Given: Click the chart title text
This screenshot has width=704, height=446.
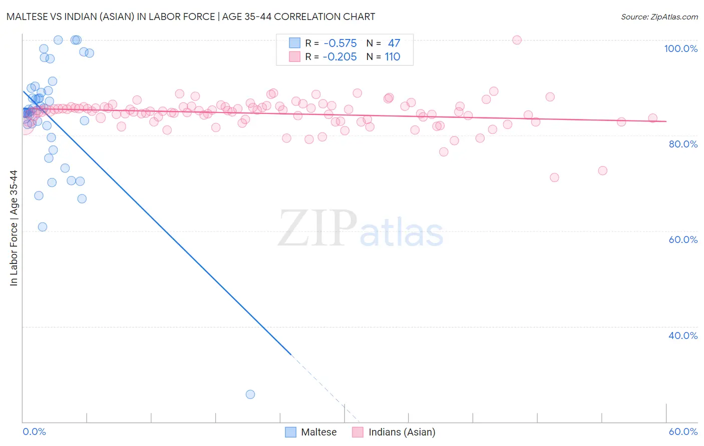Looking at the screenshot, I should pyautogui.click(x=191, y=16).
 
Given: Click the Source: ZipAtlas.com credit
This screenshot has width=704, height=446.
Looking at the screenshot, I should pyautogui.click(x=659, y=16).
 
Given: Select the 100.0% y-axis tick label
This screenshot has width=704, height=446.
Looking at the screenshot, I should pyautogui.click(x=680, y=48).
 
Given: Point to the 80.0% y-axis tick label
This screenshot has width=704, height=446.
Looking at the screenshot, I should pyautogui.click(x=682, y=144).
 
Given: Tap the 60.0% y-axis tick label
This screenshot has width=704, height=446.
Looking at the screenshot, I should pyautogui.click(x=682, y=239).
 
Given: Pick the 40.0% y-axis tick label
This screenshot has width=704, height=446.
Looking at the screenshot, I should pyautogui.click(x=682, y=335).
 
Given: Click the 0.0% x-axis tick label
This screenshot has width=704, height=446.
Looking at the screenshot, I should pyautogui.click(x=34, y=431).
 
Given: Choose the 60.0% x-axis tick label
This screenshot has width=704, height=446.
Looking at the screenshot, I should pyautogui.click(x=682, y=431).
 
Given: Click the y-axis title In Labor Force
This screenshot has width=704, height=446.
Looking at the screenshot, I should pyautogui.click(x=14, y=228).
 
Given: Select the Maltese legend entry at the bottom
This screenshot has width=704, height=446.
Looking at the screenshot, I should pyautogui.click(x=311, y=432).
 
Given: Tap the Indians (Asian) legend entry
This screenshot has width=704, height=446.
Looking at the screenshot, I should pyautogui.click(x=394, y=432).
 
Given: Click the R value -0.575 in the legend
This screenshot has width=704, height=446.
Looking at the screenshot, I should pyautogui.click(x=339, y=43).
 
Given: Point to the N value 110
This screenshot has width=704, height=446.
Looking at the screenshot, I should pyautogui.click(x=392, y=57).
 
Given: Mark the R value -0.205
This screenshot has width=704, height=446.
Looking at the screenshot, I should pyautogui.click(x=339, y=57).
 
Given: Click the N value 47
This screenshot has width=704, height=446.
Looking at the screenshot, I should pyautogui.click(x=394, y=43).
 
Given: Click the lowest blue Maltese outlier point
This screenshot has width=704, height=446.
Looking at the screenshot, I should pyautogui.click(x=250, y=394).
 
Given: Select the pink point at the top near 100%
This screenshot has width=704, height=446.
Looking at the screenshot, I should pyautogui.click(x=517, y=40).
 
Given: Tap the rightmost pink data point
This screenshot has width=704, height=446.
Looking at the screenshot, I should pyautogui.click(x=652, y=118).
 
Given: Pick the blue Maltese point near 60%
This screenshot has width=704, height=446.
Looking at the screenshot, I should pyautogui.click(x=43, y=227).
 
